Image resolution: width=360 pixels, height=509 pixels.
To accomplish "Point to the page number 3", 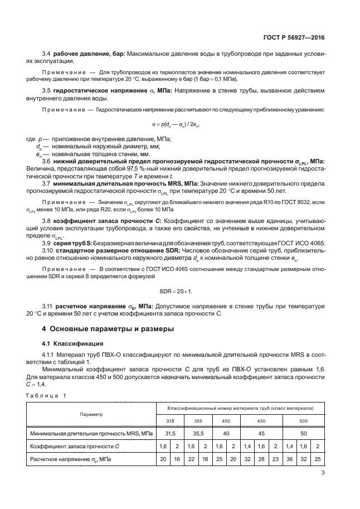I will coord(323,473).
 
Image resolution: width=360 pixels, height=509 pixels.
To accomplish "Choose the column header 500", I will coord(303,420).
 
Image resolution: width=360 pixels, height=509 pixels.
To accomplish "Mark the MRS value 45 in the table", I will coord(261,433).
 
